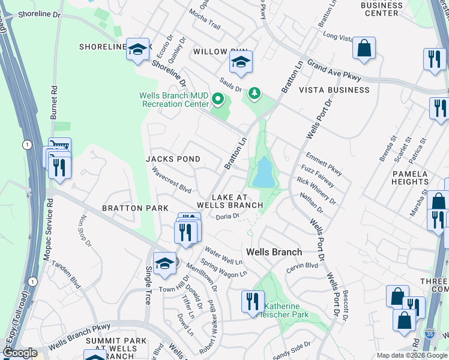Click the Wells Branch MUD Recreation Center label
point(173,100)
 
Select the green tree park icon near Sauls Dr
point(256,92)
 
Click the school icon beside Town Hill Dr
point(164,263)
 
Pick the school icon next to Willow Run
point(241,62)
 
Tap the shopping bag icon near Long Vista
point(364,49)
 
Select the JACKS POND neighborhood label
point(173,159)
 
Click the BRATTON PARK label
point(135,208)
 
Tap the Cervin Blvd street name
point(302,266)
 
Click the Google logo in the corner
point(19,353)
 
